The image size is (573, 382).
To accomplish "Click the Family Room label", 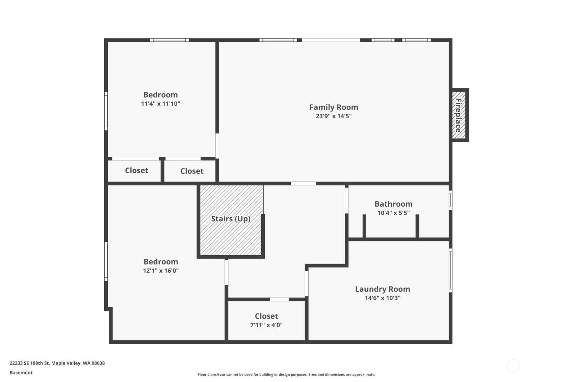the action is [334, 107].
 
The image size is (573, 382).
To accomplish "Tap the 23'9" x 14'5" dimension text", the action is [334, 116].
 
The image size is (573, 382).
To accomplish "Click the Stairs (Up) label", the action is [231, 219].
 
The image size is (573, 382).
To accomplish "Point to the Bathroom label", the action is [393, 204].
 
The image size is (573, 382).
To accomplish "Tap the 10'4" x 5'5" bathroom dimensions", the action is [393, 213].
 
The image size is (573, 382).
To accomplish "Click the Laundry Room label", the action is [383, 289].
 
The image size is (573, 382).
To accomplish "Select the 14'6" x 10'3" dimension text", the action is [383, 298].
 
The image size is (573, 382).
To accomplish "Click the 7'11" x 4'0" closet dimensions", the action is [266, 325].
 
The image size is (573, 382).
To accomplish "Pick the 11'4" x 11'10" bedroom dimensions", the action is [160, 104].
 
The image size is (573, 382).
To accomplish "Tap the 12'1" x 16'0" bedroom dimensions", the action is [161, 271].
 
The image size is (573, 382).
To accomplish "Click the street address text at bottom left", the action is [57, 363].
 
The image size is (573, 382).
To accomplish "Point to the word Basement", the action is [21, 373].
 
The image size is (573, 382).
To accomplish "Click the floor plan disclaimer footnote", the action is [286, 375].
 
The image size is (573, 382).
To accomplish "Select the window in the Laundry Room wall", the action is [450, 270].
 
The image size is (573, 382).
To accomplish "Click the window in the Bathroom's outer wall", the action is [450, 200].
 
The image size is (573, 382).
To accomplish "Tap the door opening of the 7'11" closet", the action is [279, 299].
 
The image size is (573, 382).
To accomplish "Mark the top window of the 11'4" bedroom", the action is [170, 40].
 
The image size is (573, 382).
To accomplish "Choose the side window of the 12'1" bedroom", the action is [106, 261].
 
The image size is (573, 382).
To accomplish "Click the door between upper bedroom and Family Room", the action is [217, 146].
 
